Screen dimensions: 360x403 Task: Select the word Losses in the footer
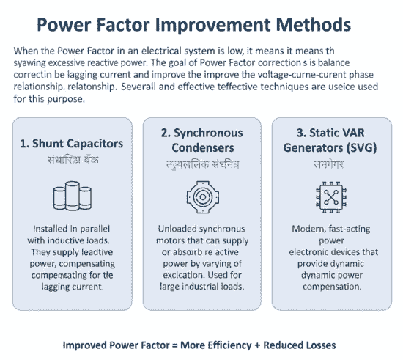click(326, 345)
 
